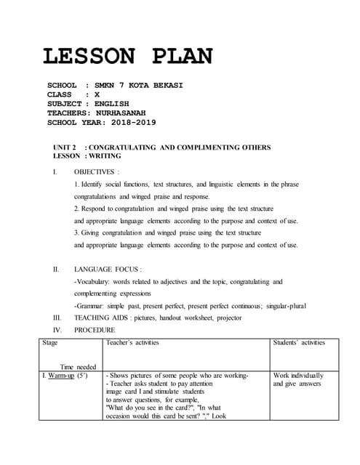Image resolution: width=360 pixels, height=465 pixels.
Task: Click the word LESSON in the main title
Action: coord(89,56)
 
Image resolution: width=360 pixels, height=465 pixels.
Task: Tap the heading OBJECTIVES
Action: coord(95,172)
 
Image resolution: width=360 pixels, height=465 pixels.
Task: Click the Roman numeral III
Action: coord(57,318)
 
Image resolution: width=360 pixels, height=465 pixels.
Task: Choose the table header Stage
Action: coord(51,342)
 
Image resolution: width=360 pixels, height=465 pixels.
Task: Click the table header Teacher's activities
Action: coord(132,342)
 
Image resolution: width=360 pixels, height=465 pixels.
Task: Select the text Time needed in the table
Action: coord(78,367)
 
